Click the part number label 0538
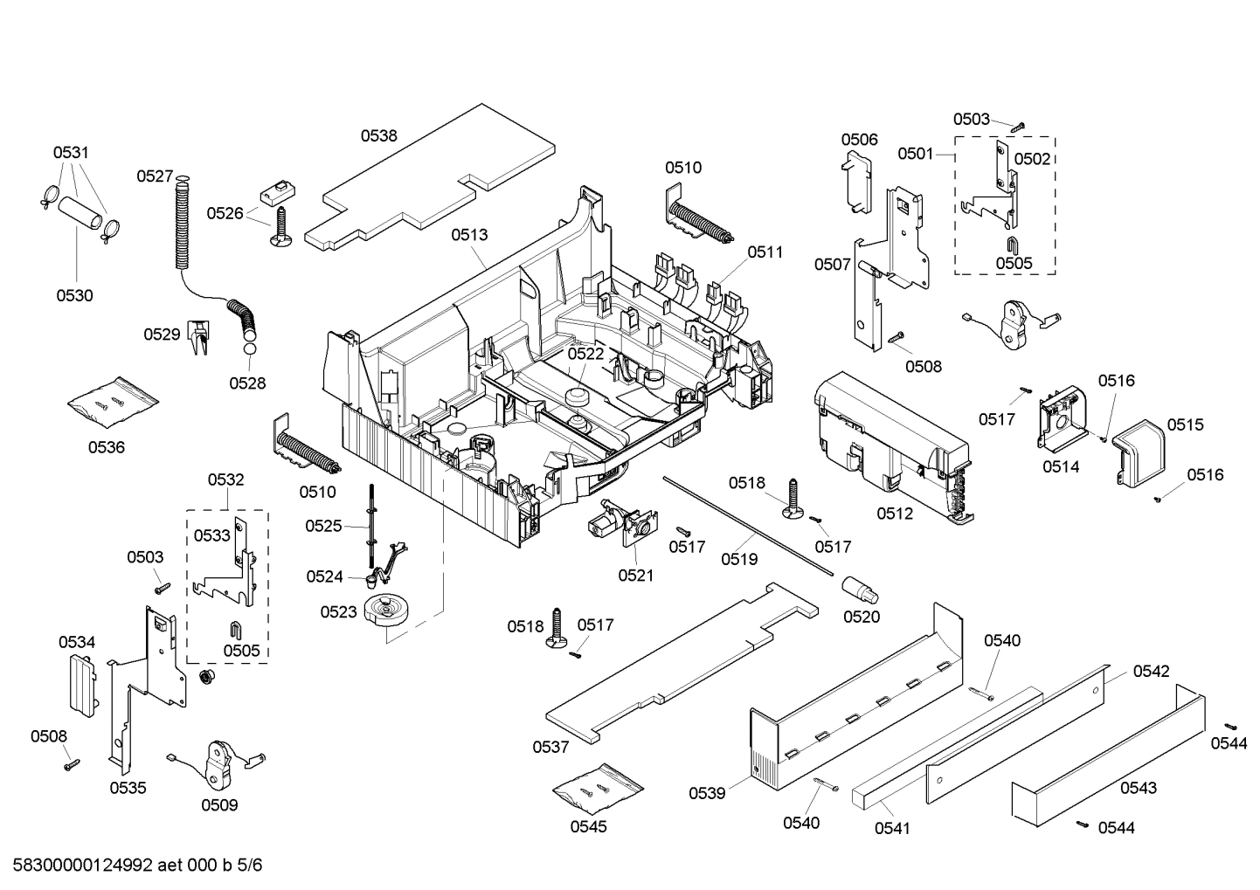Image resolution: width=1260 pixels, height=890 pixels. (x=378, y=135)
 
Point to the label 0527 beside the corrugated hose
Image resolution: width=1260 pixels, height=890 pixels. (x=155, y=176)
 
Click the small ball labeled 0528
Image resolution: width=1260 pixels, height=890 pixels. (x=249, y=349)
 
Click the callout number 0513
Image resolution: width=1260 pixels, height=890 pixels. (x=469, y=234)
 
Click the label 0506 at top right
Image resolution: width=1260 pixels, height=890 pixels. (x=859, y=140)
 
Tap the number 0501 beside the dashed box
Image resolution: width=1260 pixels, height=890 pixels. (x=915, y=154)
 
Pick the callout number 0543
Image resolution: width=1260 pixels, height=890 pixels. (x=1138, y=788)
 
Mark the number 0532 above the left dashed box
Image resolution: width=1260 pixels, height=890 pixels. (x=225, y=479)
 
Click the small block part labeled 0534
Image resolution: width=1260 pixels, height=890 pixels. (x=80, y=685)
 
